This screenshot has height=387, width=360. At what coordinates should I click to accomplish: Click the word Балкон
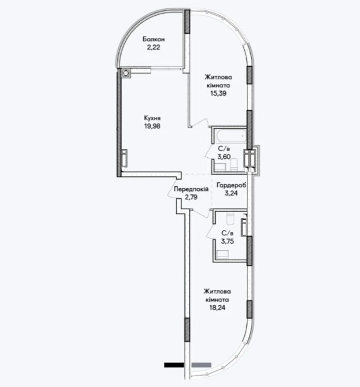154,39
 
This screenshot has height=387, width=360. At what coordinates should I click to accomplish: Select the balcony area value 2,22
154,47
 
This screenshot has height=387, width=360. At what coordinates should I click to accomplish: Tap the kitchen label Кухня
152,118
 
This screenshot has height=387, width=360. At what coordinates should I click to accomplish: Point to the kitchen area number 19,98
152,126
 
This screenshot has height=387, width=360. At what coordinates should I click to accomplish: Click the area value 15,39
218,93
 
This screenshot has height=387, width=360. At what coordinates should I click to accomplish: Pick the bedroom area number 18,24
217,308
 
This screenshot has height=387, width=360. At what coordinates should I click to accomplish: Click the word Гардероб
231,185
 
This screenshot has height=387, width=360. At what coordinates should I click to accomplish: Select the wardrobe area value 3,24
231,193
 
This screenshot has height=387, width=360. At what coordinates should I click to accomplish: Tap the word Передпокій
191,189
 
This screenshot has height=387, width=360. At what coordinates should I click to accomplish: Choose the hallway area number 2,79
191,197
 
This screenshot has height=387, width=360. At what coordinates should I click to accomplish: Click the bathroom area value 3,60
224,157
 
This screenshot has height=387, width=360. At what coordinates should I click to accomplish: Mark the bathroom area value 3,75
227,241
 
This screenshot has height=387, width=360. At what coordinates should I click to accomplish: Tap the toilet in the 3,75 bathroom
230,218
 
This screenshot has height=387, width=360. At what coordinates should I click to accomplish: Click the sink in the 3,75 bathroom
222,254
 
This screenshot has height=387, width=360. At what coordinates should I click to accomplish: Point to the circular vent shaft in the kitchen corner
126,73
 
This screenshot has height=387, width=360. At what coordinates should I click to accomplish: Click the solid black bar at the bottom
174,365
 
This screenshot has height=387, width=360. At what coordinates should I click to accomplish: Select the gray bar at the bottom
201,365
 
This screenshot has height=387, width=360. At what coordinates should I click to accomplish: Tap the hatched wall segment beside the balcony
187,22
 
